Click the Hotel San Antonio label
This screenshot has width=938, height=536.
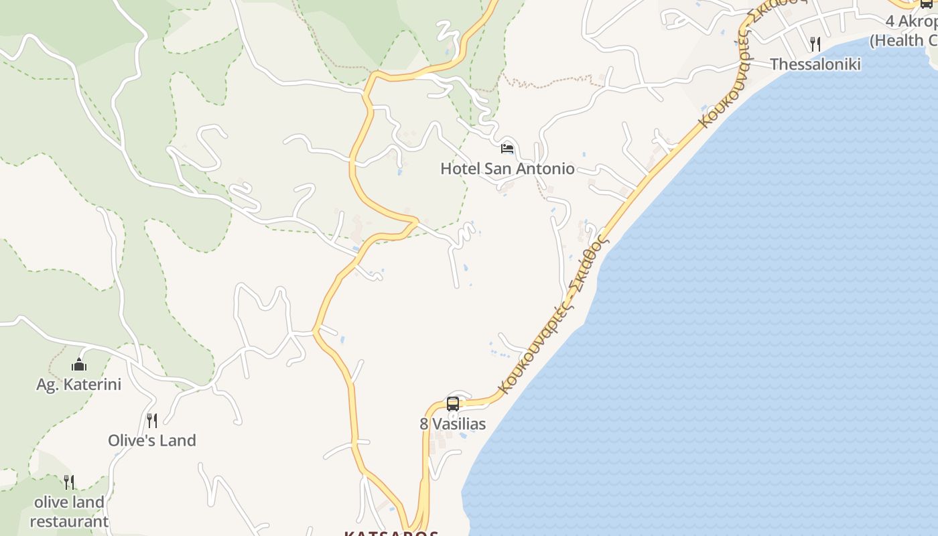[x=507, y=169]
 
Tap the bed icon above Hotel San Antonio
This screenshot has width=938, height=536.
[x=507, y=148]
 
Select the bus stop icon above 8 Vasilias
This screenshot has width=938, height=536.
[x=453, y=403]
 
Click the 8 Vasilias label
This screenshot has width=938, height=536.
[x=453, y=424]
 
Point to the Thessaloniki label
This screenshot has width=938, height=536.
[x=815, y=64]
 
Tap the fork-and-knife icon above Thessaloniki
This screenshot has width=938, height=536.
[x=815, y=44]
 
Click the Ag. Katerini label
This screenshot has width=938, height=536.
[x=79, y=385]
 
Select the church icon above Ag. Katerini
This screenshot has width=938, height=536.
[x=79, y=365]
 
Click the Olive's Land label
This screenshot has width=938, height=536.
[x=152, y=441]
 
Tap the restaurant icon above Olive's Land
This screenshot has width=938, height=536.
[x=152, y=421]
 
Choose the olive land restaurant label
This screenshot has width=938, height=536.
[x=69, y=512]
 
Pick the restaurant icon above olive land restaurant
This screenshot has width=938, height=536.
[x=69, y=482]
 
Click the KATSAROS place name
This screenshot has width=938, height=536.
[x=391, y=533]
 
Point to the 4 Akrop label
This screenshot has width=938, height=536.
[x=911, y=21]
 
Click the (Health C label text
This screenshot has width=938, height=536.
[x=904, y=40]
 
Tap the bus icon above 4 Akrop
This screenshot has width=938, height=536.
[x=927, y=3]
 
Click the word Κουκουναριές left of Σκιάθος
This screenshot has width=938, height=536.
[x=533, y=350]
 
